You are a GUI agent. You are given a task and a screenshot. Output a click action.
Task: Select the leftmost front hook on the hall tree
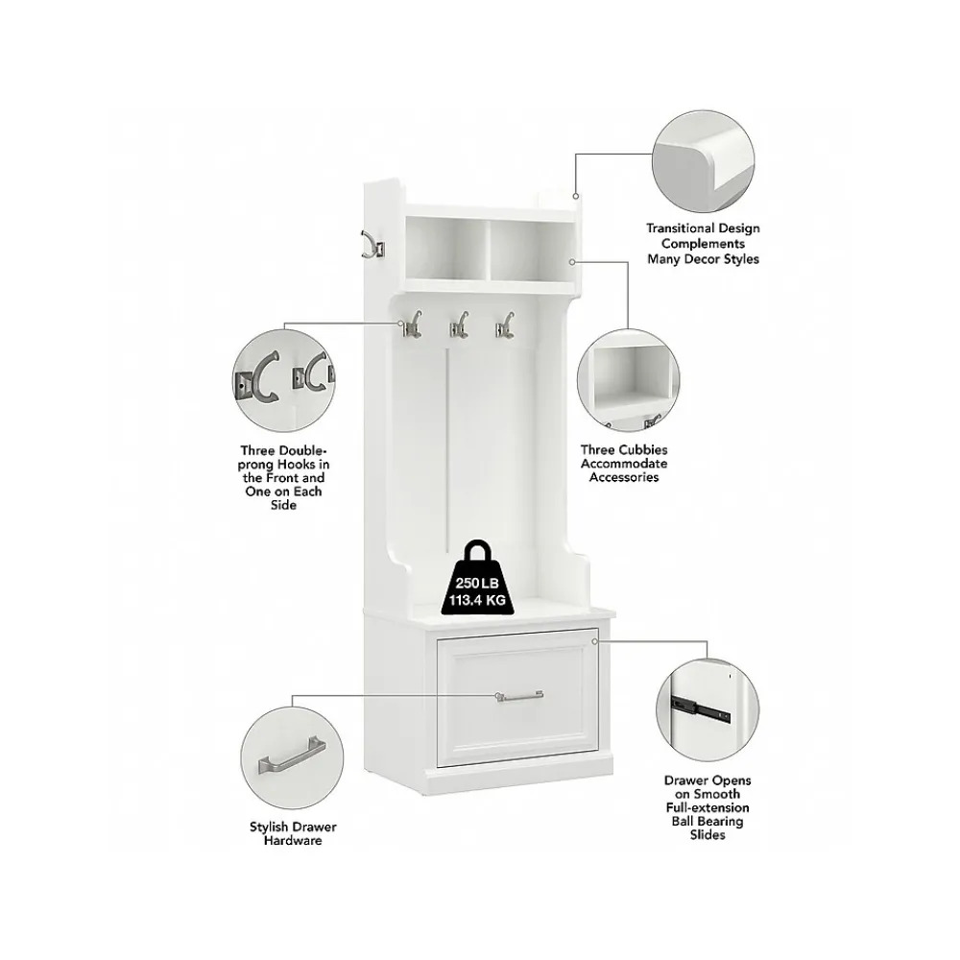tap(412, 324)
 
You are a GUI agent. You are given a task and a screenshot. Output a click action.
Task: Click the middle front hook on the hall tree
tap(459, 324)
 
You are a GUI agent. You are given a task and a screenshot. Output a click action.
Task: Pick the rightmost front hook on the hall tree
tap(505, 324)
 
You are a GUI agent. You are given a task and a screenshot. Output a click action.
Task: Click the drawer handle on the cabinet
tap(519, 696)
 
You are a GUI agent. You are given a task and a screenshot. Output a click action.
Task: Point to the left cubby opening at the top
tap(447, 250)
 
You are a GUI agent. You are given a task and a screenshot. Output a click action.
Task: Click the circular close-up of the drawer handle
tap(292, 757)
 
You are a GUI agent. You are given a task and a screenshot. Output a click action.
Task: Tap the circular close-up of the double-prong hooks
tap(284, 381)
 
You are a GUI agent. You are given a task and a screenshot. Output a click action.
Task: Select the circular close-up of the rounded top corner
tap(703, 162)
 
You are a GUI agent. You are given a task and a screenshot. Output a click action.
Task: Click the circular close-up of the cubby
tap(628, 380)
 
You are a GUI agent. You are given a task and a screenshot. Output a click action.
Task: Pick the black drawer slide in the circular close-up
tap(700, 708)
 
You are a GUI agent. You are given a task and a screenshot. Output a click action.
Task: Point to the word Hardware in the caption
tap(293, 840)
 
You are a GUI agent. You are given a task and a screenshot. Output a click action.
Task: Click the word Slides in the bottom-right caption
tap(708, 834)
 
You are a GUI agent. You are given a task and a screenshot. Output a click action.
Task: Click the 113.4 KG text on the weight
tap(477, 600)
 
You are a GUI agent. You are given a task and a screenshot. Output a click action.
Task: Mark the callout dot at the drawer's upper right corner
tap(594, 641)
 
